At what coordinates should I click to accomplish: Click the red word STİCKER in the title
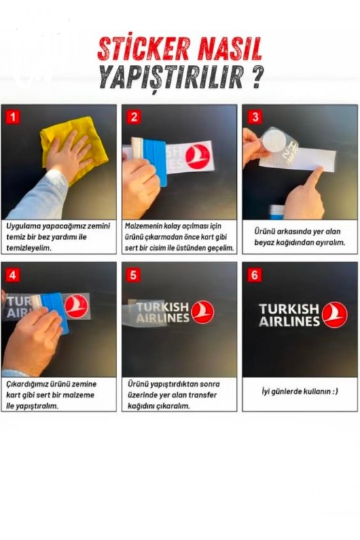[x=143, y=48]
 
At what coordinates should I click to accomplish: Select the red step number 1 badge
[x=12, y=117]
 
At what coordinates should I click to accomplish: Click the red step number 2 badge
[x=134, y=117]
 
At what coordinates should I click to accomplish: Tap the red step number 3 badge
[x=255, y=117]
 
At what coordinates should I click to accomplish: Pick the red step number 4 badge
[x=12, y=275]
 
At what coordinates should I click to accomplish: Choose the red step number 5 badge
[x=134, y=275]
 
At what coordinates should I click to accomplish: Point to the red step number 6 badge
[x=255, y=275]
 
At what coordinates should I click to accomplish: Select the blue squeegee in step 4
[x=55, y=312]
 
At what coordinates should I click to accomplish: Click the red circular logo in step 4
[x=77, y=306]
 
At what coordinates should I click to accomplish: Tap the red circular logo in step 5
[x=202, y=312]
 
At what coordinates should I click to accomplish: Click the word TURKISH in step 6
[x=289, y=309]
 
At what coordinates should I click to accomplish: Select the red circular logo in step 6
[x=335, y=314]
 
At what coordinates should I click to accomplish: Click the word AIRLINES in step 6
[x=289, y=321]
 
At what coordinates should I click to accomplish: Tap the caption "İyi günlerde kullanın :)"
[x=299, y=391]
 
